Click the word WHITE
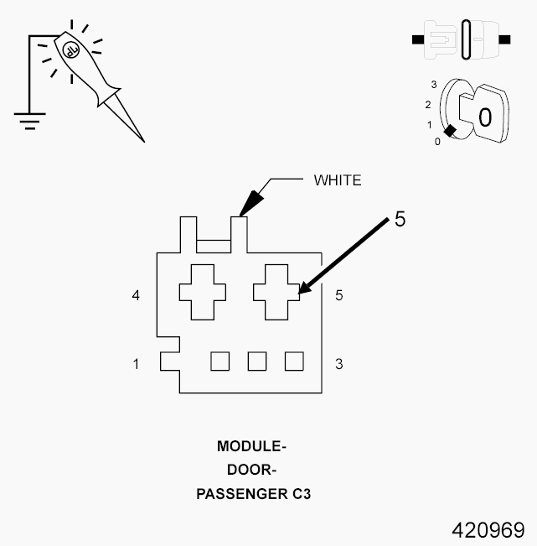click(x=338, y=179)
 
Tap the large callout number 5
click(x=400, y=220)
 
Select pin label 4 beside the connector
click(x=136, y=295)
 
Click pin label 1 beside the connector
click(x=136, y=364)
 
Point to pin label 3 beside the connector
click(x=338, y=364)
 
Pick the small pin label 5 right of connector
click(x=338, y=295)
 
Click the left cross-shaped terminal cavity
click(x=202, y=292)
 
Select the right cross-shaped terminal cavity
click(x=276, y=292)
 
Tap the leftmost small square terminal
click(x=219, y=361)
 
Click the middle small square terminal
click(x=256, y=361)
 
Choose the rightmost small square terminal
click(x=293, y=361)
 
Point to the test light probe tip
click(x=142, y=138)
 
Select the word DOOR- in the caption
click(x=252, y=470)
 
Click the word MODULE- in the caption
click(x=252, y=445)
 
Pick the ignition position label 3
click(x=433, y=85)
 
